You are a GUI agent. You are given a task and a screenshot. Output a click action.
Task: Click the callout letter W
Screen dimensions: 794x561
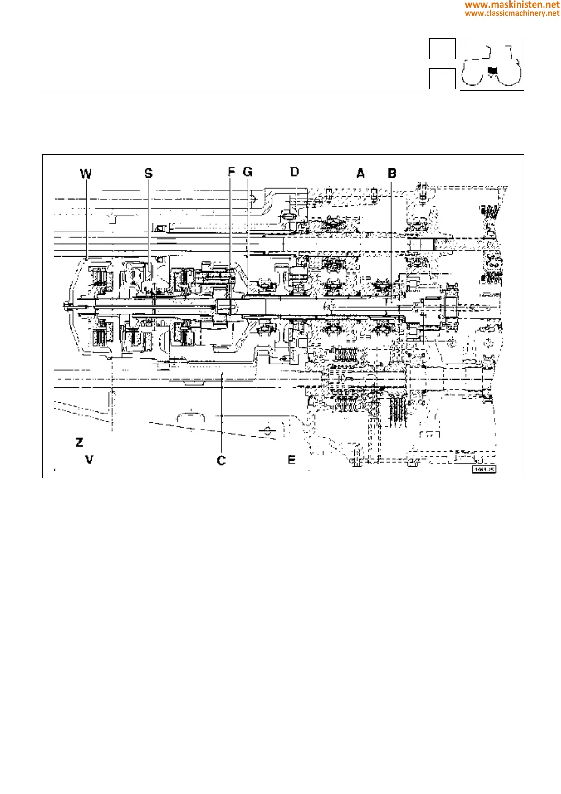[x=86, y=174]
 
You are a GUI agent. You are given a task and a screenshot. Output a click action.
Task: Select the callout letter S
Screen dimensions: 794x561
[x=148, y=174]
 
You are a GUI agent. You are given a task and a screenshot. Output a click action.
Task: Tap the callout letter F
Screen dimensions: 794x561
[x=231, y=172]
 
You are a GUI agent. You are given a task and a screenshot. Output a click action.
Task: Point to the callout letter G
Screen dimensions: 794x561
[x=247, y=172]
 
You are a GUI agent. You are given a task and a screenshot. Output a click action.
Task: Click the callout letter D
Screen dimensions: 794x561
[x=295, y=172]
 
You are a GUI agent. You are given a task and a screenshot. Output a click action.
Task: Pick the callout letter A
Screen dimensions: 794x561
[x=361, y=174]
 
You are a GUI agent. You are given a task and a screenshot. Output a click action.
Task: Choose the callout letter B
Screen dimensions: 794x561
[x=392, y=174]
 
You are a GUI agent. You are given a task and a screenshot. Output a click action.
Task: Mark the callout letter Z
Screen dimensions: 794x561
[x=80, y=442]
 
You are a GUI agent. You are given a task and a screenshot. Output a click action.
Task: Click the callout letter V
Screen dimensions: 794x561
[x=89, y=460]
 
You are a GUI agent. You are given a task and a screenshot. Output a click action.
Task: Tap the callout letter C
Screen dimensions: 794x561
[x=221, y=461]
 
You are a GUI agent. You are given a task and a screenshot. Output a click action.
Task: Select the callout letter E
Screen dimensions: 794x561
[x=291, y=460]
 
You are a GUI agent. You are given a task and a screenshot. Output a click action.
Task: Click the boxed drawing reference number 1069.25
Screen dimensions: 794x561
[x=484, y=470]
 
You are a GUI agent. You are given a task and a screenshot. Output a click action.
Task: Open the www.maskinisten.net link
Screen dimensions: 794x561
[x=512, y=5]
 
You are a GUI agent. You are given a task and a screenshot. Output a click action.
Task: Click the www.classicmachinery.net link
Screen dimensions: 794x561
[x=512, y=13]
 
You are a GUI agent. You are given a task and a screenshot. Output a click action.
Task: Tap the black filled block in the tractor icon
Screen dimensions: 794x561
[x=492, y=71]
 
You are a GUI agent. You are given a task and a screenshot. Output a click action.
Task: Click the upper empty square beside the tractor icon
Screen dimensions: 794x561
[x=442, y=49]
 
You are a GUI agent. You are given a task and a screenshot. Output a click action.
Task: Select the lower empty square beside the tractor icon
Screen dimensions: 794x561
[x=442, y=79]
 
